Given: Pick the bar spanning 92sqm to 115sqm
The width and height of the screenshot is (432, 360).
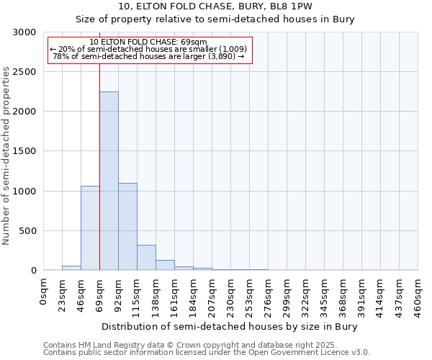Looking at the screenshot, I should pos(127,226).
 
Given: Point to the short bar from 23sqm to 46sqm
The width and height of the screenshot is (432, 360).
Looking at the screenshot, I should pos(71,268).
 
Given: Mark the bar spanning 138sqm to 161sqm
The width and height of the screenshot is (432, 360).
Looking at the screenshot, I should pos(165,265).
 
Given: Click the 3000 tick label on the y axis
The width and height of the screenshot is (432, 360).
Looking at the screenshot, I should pos(24,32).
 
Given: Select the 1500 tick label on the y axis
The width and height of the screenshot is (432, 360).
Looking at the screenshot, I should pos(24,151).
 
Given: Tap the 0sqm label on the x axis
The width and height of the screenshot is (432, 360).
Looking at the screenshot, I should pos(43,292).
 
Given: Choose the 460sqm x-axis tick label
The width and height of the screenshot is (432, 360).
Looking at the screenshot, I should pos(418,295).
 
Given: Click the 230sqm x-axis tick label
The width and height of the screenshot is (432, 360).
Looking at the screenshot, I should pos(230,295).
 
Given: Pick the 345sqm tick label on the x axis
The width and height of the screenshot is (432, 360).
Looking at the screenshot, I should pos(324,295).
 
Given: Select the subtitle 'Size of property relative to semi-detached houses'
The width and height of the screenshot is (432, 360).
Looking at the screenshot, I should pos(215,19).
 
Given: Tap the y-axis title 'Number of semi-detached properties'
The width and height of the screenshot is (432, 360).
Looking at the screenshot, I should pos(7,156).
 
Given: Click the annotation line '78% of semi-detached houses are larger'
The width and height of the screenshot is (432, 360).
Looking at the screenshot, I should pos(149,56).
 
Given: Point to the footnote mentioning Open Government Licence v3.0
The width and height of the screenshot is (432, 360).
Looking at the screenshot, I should pos(207,353).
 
